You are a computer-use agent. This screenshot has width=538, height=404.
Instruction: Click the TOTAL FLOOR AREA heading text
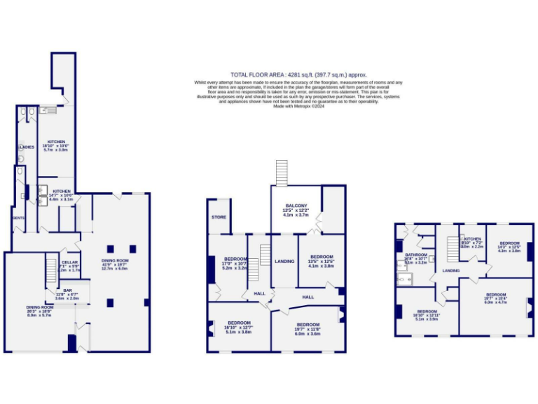coord(298,74)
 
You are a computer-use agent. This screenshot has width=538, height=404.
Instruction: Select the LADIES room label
coord(26,147)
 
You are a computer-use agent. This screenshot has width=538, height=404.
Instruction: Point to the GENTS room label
coord(18,218)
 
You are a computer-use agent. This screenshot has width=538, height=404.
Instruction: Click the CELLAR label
coord(69,262)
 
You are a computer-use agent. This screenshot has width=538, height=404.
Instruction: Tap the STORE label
coord(219,217)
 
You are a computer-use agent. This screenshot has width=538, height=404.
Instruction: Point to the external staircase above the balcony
coord(282,173)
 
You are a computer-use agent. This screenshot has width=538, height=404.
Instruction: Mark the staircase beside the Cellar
coord(51,270)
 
